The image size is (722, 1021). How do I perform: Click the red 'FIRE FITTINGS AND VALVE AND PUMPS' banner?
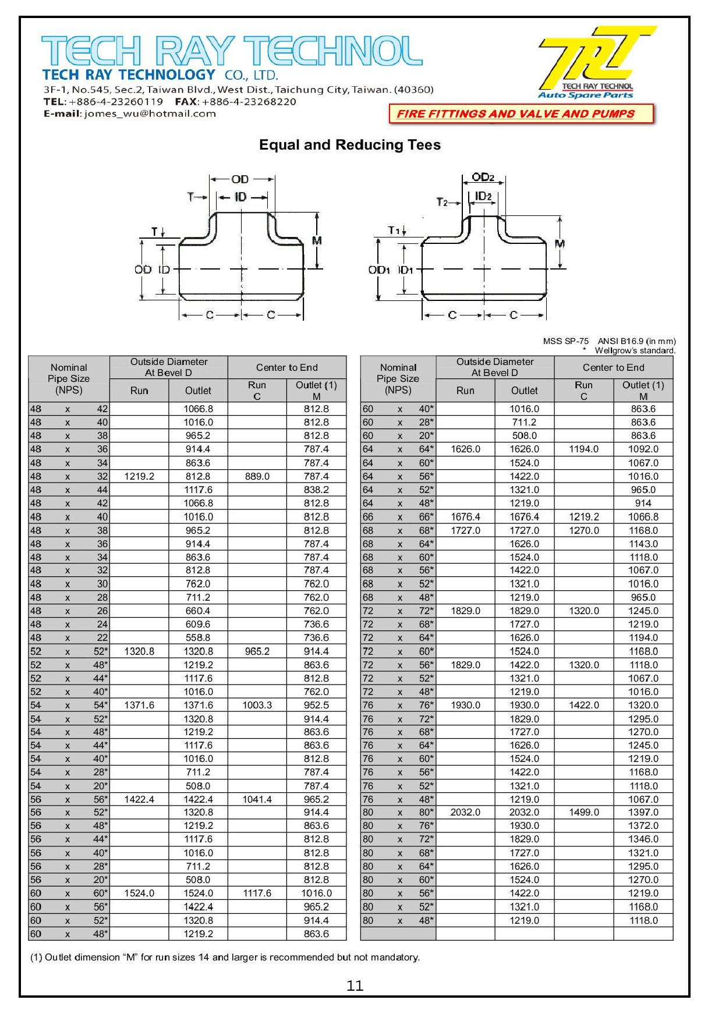click(x=521, y=114)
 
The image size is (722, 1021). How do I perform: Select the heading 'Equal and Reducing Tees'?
click(x=349, y=145)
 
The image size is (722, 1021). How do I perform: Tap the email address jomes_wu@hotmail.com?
click(x=150, y=114)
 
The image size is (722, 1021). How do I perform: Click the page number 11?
click(x=355, y=985)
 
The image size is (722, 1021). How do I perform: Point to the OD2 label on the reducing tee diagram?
click(x=483, y=177)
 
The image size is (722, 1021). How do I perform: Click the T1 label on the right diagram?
click(x=394, y=231)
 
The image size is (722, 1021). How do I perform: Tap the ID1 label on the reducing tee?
click(x=406, y=270)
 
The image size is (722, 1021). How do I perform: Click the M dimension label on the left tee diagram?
click(x=317, y=240)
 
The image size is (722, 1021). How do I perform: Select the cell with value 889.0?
click(x=257, y=476)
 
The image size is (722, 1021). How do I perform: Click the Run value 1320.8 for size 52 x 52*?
click(x=139, y=651)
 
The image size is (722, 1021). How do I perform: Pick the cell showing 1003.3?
click(x=257, y=705)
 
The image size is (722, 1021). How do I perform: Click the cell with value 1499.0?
click(x=583, y=812)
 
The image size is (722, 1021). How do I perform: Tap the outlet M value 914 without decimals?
click(x=643, y=503)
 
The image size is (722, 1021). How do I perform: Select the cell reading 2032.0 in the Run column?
click(x=465, y=812)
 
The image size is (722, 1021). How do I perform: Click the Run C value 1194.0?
click(x=583, y=449)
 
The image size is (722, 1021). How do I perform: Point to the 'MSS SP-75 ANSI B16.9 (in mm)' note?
click(x=609, y=341)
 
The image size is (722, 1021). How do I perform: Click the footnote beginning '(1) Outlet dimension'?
click(x=225, y=957)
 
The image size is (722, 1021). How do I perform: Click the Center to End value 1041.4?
click(x=257, y=799)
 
